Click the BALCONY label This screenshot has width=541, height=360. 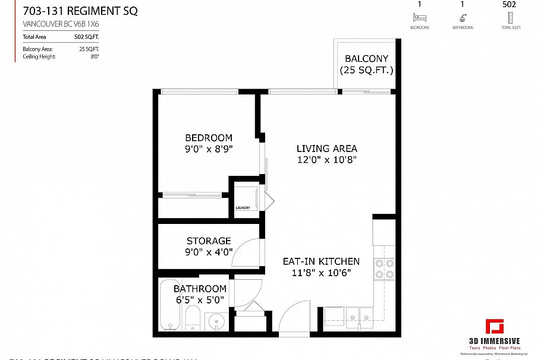click(x=367, y=59)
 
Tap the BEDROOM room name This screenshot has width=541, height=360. click(x=208, y=138)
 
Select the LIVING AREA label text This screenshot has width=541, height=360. click(x=327, y=148)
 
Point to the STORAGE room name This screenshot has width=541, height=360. click(x=209, y=241)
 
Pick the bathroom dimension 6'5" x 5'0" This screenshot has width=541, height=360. click(x=200, y=300)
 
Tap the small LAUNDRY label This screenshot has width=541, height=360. click(x=243, y=207)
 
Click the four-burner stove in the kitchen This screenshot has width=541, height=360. click(x=385, y=269)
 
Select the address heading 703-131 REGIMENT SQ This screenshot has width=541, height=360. click(x=80, y=11)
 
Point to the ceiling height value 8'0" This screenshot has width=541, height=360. click(x=95, y=56)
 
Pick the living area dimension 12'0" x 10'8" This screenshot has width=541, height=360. click(x=327, y=160)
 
